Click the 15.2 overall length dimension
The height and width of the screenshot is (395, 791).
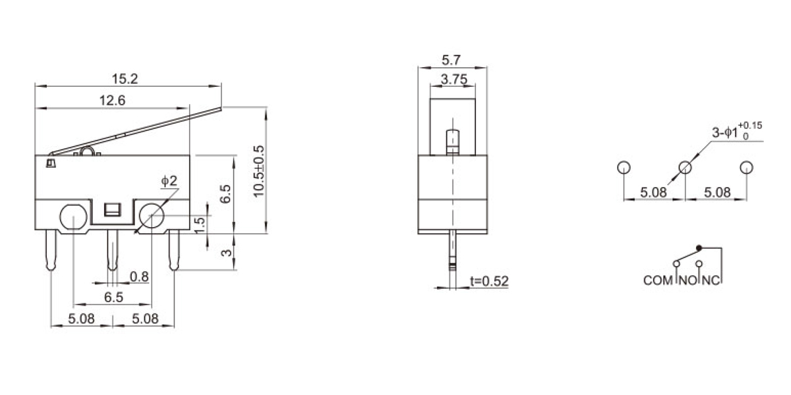125,78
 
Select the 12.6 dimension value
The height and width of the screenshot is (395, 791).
112,101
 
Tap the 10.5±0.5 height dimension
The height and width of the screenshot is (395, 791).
259,171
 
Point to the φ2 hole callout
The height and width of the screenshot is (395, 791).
169,181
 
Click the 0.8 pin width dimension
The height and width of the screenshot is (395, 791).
139,277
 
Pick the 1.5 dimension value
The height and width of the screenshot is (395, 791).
200,225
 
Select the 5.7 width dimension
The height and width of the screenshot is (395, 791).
452,61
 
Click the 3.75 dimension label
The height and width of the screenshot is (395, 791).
454,80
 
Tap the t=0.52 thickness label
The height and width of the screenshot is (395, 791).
489,281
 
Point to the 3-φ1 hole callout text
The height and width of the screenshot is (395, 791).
737,131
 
